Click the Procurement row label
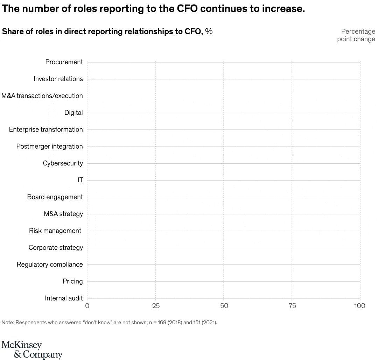[64, 62]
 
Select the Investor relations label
[58, 79]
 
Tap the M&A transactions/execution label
[42, 96]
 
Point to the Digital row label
[73, 113]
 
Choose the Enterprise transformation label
[46, 129]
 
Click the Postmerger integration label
[49, 146]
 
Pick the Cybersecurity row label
[63, 163]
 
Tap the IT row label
[80, 180]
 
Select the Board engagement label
[55, 197]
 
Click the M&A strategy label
[63, 214]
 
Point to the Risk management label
[55, 231]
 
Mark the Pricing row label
[73, 281]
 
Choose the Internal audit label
[64, 298]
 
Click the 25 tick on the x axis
[156, 306]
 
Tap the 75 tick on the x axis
[292, 306]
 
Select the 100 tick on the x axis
[359, 306]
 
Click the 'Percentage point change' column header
[356, 35]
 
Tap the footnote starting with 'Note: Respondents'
[109, 322]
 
